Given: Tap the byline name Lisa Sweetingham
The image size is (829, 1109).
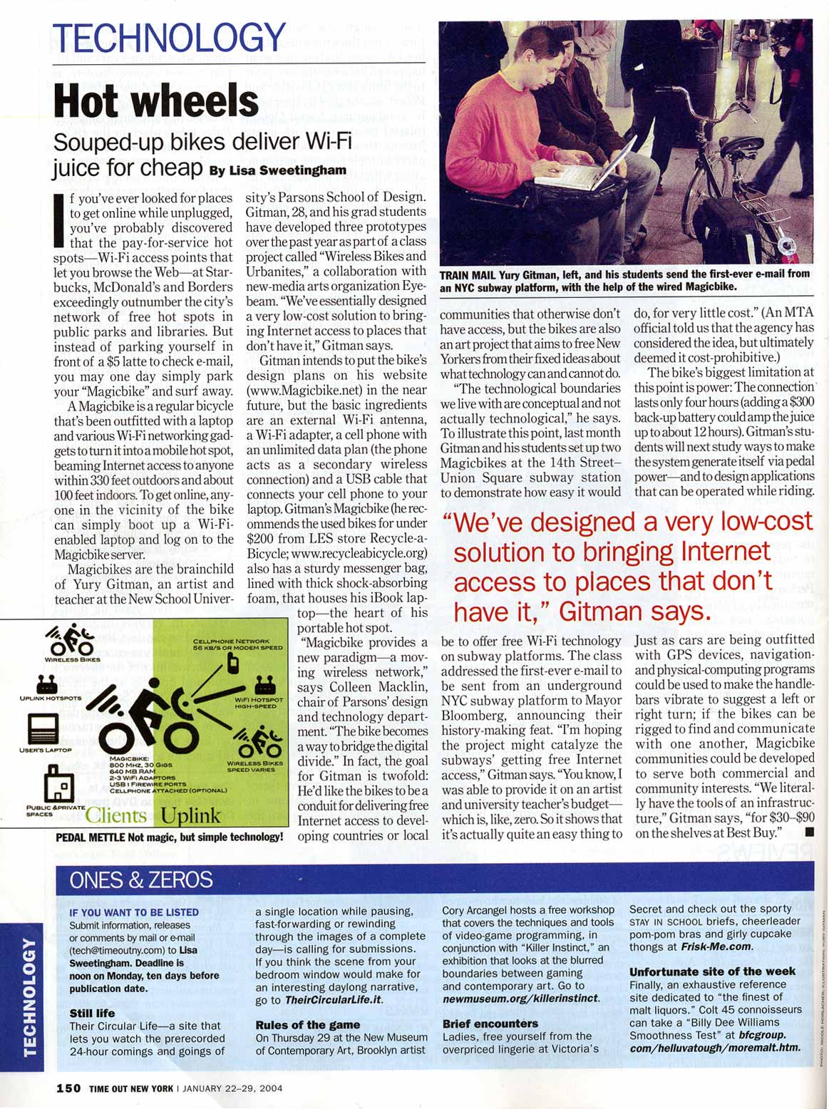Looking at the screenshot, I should click(x=287, y=170).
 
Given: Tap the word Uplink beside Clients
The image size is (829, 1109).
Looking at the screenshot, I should click(x=190, y=815).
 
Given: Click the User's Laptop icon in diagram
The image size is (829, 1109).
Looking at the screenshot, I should click(x=42, y=728).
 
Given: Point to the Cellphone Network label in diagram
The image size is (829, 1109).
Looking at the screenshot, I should click(x=231, y=641).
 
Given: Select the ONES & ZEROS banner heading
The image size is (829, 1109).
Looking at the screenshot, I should click(x=141, y=880).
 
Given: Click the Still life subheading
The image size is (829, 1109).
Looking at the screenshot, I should click(x=92, y=1013).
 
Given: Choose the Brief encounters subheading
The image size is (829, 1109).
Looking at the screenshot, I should click(x=490, y=1023).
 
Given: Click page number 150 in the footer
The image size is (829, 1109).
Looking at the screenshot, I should click(x=68, y=1088).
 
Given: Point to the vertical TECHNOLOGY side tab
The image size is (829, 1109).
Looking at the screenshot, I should click(x=29, y=996).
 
